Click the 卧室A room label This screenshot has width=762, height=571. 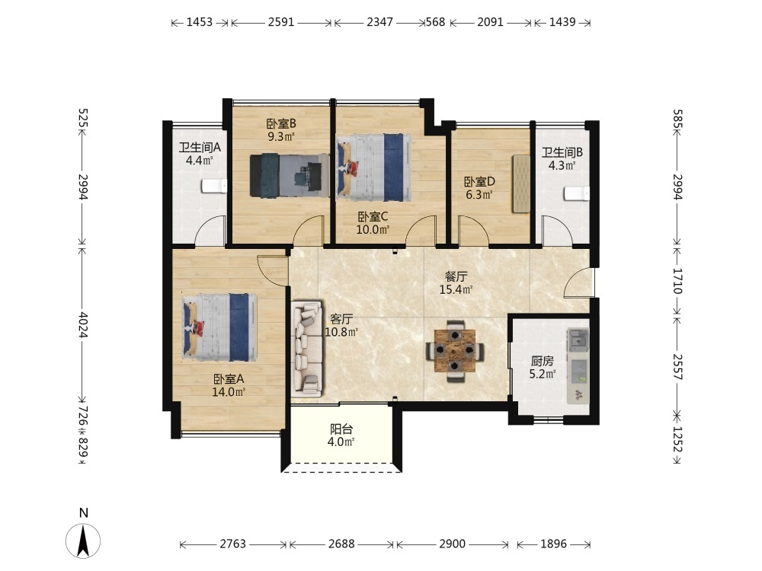pos(228,378)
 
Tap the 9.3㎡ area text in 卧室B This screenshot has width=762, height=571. pos(281,137)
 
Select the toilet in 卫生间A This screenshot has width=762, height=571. pos(214,186)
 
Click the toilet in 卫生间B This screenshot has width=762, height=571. pos(577,193)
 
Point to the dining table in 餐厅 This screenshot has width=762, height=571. pos(454,351)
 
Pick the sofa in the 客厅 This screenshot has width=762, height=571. pos(307,348)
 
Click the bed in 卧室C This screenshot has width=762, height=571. pos(373,167)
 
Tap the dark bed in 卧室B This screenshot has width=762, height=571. pos(290,176)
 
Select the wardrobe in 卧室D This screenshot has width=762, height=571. pos(521,183)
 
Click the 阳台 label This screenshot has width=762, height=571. pos(341,429)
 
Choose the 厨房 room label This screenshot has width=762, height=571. pos(542,361)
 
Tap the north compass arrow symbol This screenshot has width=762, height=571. pos(83,541)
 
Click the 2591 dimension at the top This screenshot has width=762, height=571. pos(281,22)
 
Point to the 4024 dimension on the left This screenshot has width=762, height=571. pos(83,325)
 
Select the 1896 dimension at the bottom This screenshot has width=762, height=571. pos(553,544)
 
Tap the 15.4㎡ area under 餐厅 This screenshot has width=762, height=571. pos(456,290)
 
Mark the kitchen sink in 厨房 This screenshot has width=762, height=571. pos(578,339)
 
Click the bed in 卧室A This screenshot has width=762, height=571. pos(219,327)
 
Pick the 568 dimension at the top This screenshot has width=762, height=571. pos(435,22)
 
